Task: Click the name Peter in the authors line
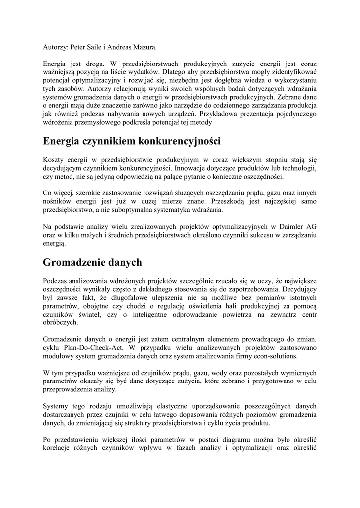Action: click(80, 47)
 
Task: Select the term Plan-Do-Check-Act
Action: click(93, 348)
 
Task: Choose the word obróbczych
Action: click(61, 322)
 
